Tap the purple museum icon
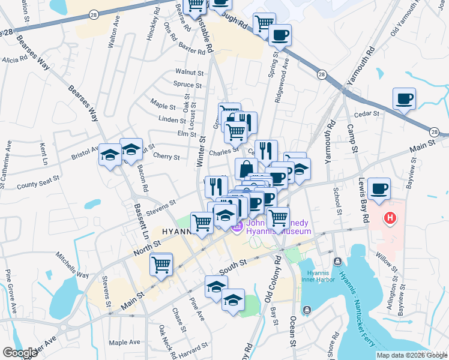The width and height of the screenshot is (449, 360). pyautogui.click(x=237, y=227)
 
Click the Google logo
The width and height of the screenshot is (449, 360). pyautogui.click(x=20, y=353)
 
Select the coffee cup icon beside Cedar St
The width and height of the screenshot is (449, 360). pyautogui.click(x=404, y=98)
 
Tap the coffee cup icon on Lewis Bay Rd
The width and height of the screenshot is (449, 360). pyautogui.click(x=379, y=188)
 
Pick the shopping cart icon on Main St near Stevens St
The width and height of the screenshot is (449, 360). pyautogui.click(x=161, y=263)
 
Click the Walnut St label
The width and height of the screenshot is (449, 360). pyautogui.click(x=189, y=71)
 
